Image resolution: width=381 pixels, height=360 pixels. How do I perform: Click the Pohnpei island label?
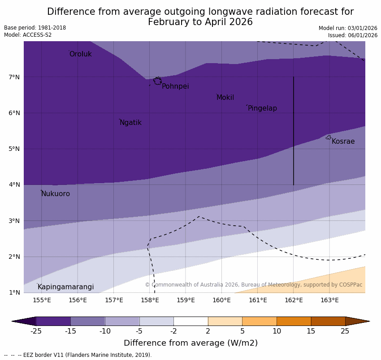175,86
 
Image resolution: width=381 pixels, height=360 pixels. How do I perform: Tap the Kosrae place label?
343,141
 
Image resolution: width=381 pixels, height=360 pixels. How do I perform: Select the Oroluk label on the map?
80,54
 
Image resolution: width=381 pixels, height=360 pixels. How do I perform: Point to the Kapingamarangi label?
65,287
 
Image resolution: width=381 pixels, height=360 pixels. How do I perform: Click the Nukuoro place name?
56,194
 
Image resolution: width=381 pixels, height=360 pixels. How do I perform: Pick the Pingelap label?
262,108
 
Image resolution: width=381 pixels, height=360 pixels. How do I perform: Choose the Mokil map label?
225,98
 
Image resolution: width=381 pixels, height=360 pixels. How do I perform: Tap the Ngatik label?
130,123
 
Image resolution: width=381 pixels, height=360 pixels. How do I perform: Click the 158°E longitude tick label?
150,300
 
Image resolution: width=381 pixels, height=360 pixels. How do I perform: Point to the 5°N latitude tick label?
14,149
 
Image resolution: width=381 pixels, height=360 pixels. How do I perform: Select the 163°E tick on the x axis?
329,300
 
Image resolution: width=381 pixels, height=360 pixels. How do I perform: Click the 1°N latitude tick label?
14,292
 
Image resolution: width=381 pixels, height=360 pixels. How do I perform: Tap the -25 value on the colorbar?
36,331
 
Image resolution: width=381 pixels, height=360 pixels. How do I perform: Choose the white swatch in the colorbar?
190,321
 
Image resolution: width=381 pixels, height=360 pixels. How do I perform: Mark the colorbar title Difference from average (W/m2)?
190,343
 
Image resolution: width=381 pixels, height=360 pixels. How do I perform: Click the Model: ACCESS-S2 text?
28,35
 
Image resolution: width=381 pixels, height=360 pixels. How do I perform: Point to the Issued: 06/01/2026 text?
352,35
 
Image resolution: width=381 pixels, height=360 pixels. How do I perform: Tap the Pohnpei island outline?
157,81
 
